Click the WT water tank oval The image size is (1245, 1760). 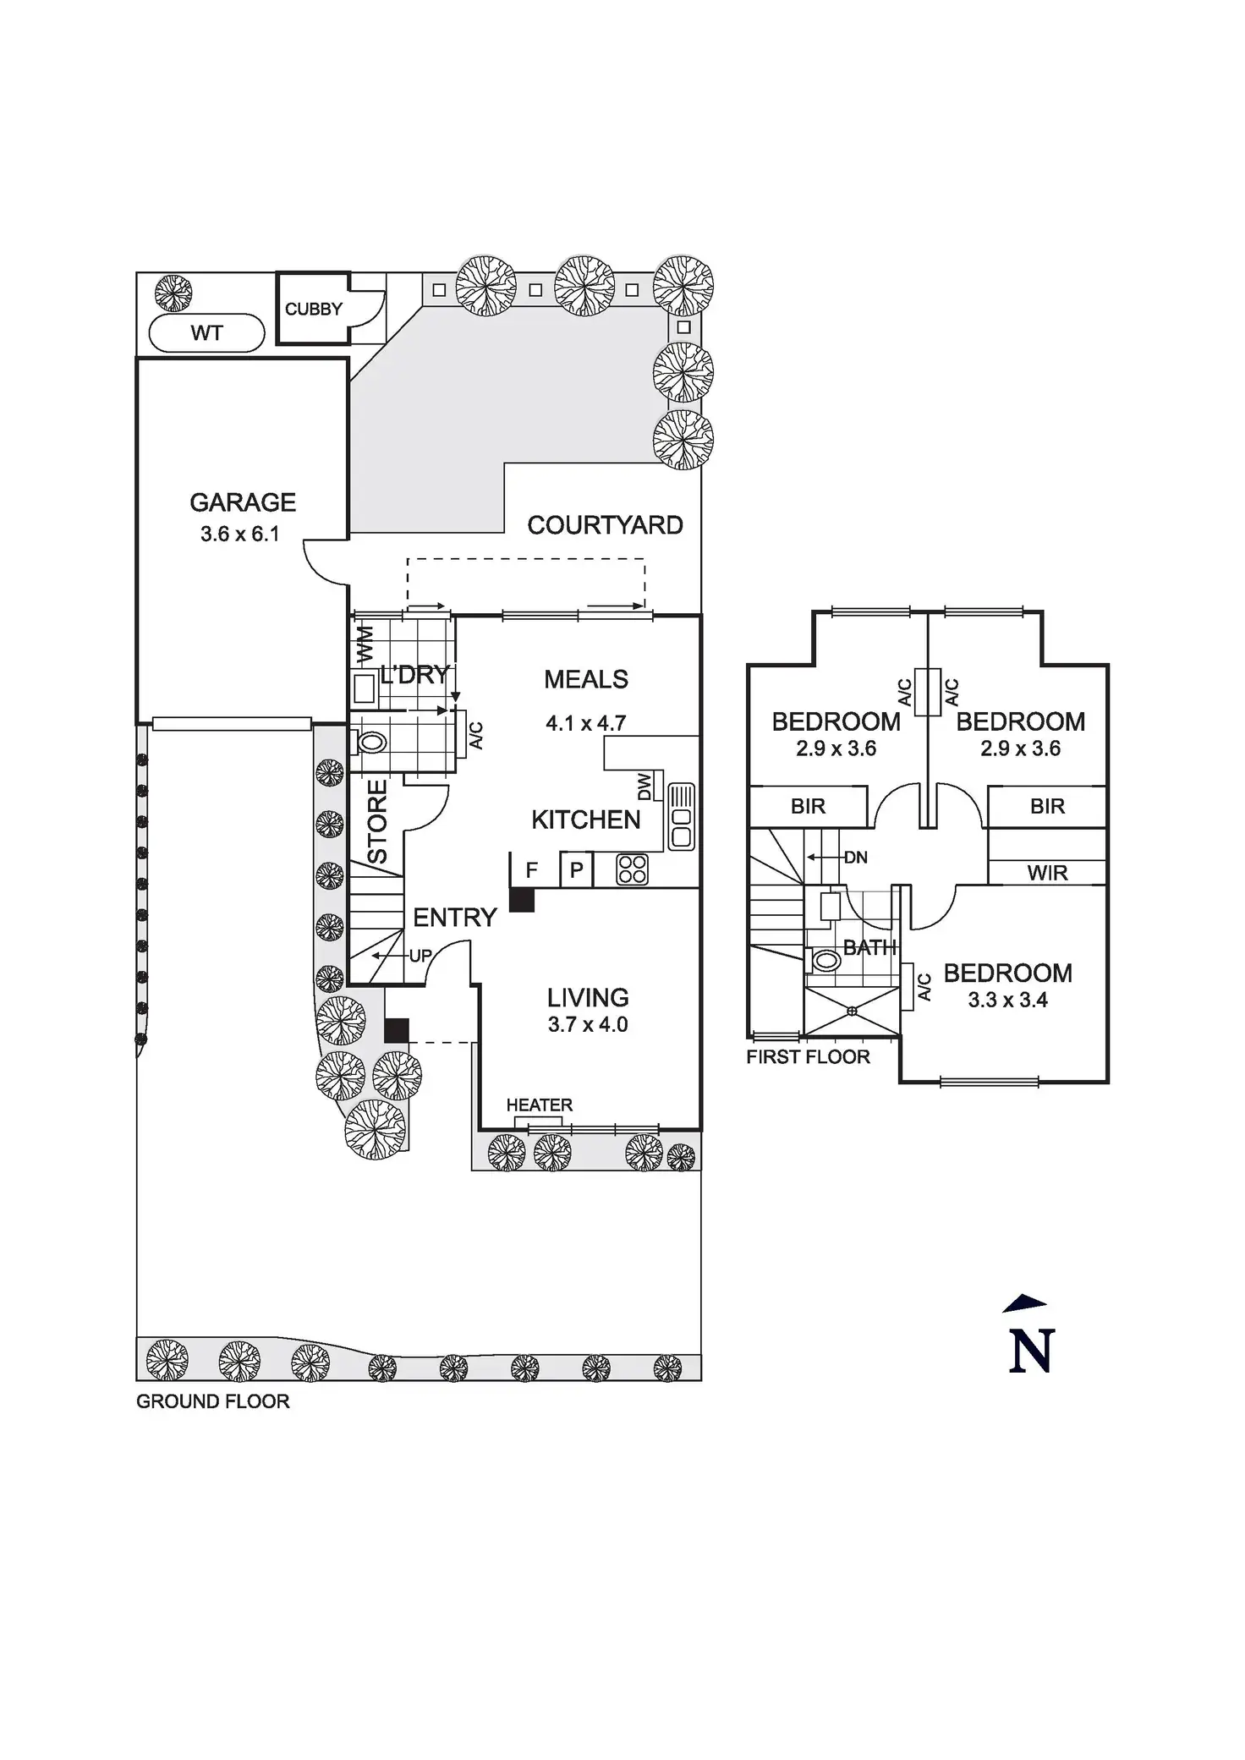tap(207, 333)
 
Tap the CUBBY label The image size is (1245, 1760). tap(313, 310)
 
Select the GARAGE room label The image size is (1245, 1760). tap(243, 502)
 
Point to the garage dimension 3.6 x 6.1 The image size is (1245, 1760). tap(240, 534)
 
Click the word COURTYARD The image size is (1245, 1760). tap(605, 525)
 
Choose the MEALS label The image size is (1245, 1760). tap(586, 679)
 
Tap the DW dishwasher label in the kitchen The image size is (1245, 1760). tap(644, 787)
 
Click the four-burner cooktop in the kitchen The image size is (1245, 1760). tap(632, 869)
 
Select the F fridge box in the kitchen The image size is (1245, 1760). tap(532, 869)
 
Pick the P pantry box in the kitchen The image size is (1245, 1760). tap(577, 869)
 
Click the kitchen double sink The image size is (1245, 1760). tap(681, 817)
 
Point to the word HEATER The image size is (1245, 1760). tap(540, 1105)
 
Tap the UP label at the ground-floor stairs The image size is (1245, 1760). tap(420, 957)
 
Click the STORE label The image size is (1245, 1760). tap(377, 822)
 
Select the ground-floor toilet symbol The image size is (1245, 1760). tap(370, 743)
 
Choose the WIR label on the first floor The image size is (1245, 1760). tap(1047, 874)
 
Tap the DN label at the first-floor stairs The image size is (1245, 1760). tap(856, 858)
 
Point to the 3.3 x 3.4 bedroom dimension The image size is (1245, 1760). tap(1007, 1001)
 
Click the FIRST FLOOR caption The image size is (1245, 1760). tap(808, 1057)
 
